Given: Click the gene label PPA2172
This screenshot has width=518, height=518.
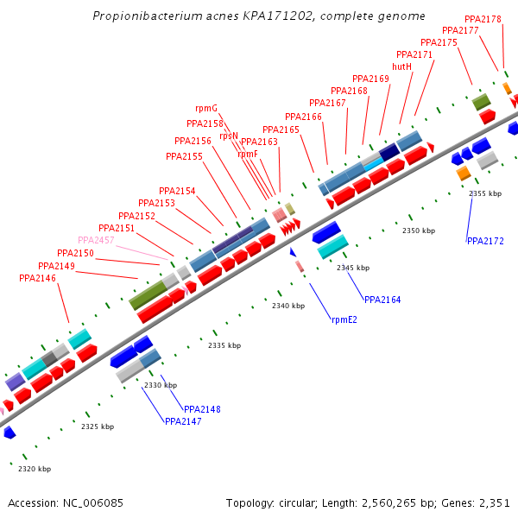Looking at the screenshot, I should click(485, 241).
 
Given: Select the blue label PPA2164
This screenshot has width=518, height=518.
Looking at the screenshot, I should click(382, 300).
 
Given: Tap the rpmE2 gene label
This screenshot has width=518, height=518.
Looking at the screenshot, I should click(344, 319).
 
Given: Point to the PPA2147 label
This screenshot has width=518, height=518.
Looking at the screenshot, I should click(183, 421).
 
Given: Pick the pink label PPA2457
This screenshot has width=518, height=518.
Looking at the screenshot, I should click(96, 240).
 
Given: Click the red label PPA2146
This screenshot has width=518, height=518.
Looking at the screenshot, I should click(37, 278).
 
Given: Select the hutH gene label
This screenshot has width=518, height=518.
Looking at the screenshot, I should click(401, 66).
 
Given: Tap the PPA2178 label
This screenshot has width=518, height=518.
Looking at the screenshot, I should click(483, 19).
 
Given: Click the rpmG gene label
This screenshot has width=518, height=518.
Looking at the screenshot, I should click(206, 108).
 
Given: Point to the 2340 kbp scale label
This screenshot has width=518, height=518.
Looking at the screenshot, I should click(288, 306).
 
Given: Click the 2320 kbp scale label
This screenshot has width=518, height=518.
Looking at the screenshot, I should click(35, 469).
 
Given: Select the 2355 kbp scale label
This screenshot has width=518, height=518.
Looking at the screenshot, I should click(485, 193).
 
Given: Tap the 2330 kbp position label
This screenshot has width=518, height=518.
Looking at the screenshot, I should click(161, 385).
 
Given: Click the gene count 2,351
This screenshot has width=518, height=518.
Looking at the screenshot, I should click(494, 502).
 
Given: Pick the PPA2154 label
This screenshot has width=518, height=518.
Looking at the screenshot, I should click(177, 191).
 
